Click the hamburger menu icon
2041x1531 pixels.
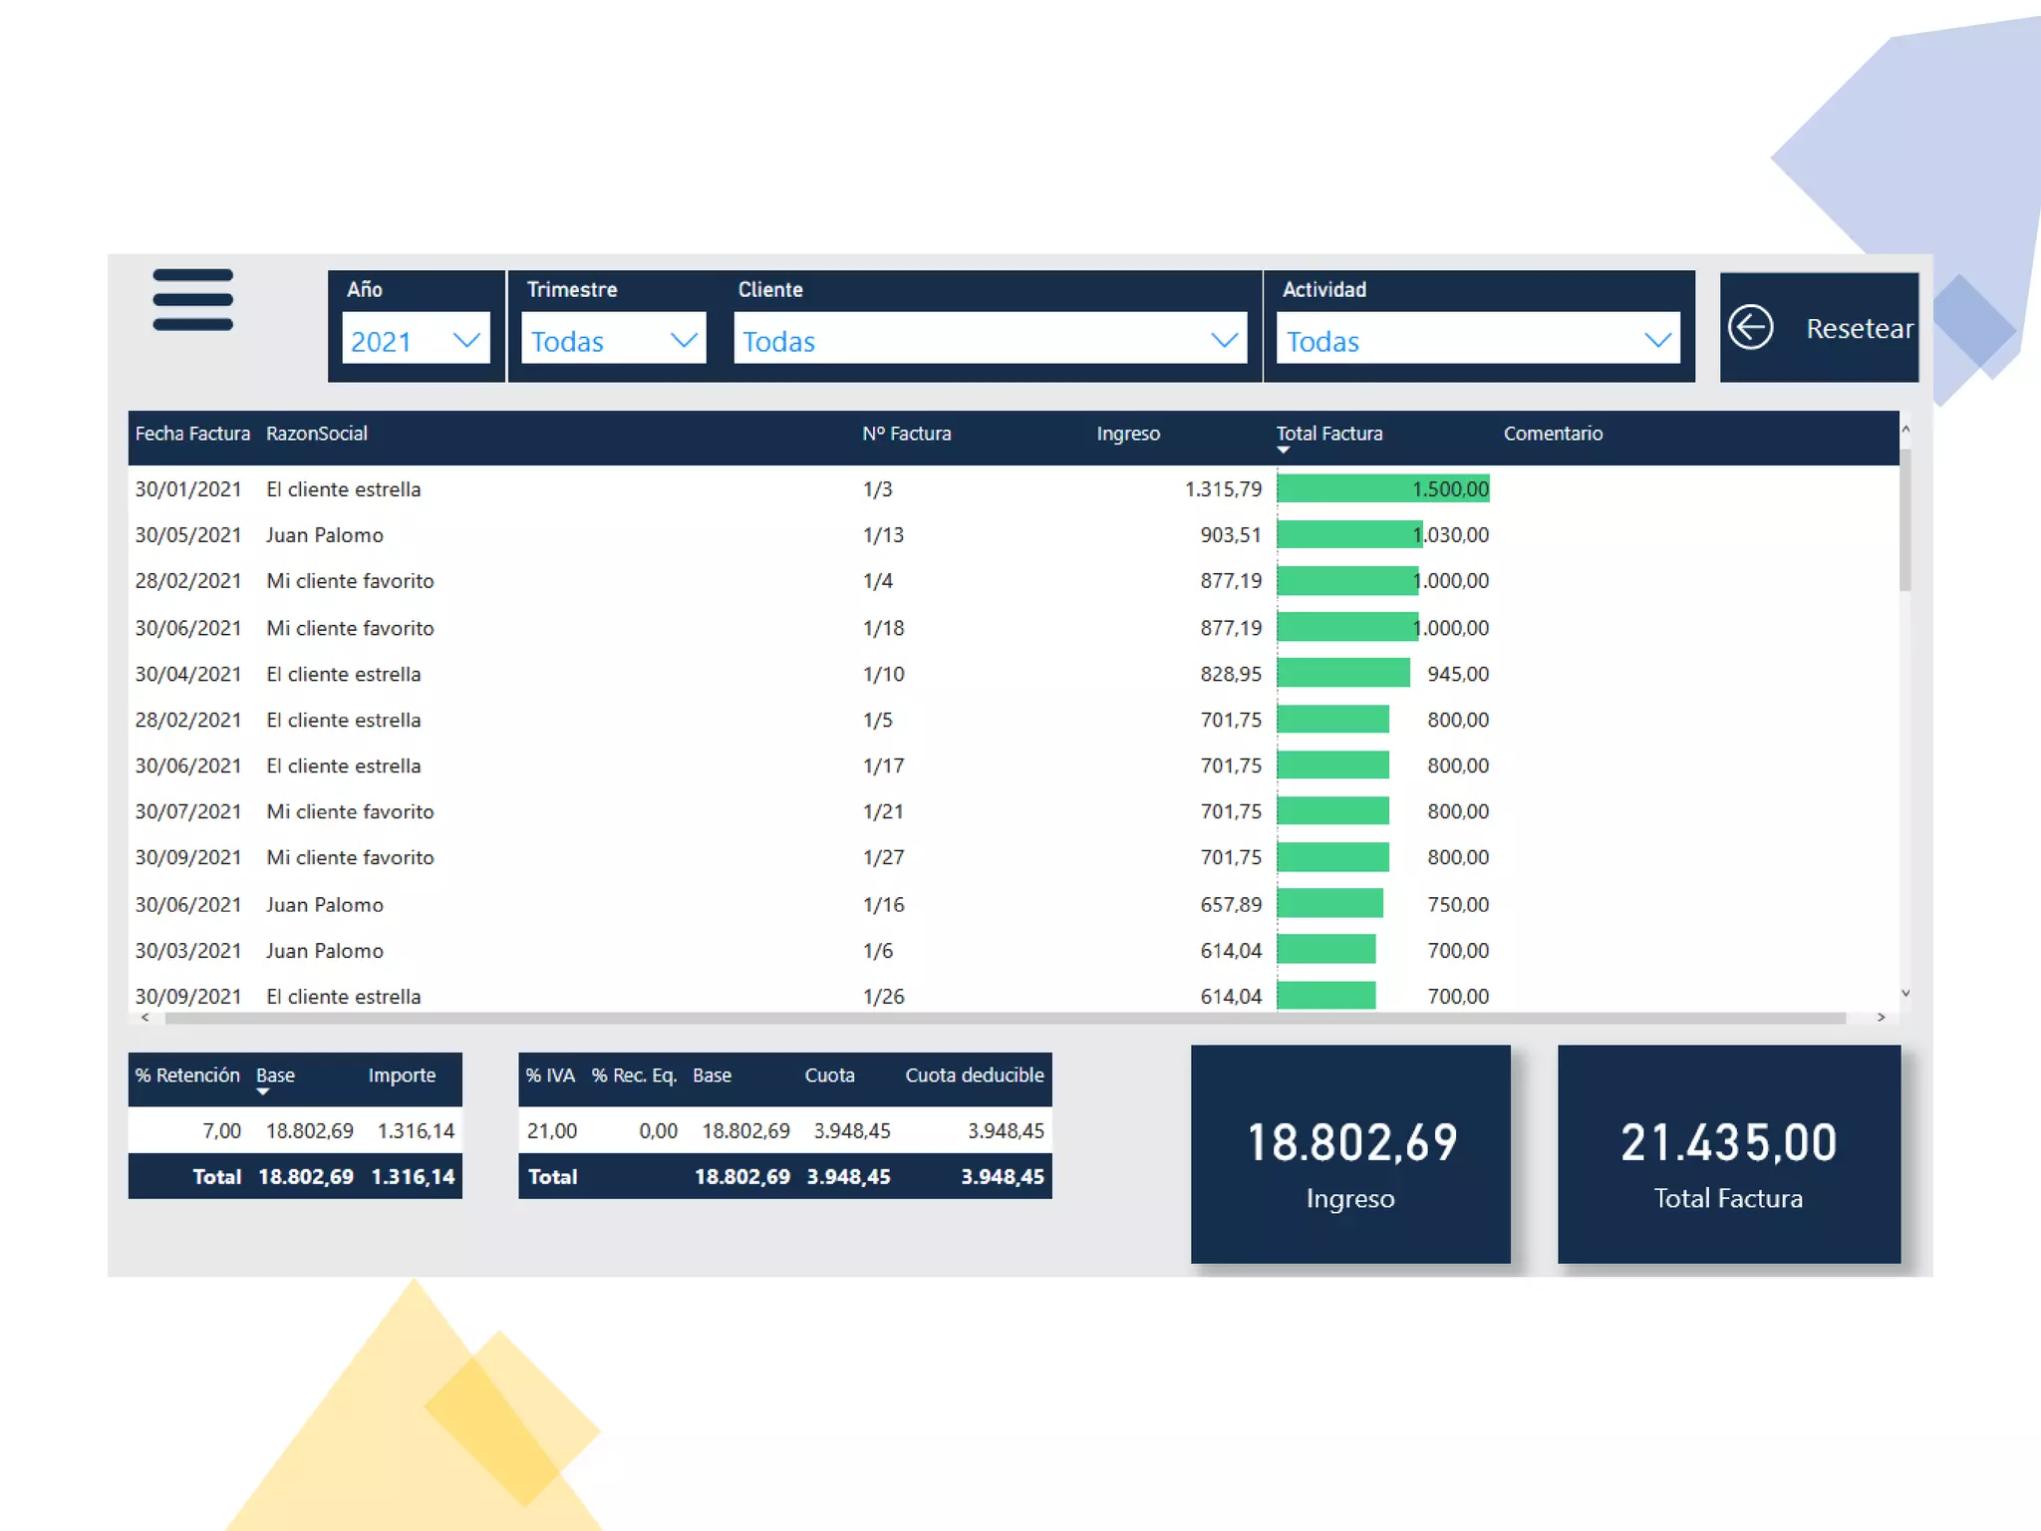point(192,299)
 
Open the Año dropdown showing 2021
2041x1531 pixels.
point(415,341)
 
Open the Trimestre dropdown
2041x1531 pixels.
point(613,341)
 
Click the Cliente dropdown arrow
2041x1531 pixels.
point(1224,341)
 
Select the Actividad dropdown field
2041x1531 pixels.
point(1477,341)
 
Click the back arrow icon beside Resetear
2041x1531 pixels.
point(1750,327)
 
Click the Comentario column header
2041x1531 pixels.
point(1553,434)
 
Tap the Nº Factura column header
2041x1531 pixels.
point(906,434)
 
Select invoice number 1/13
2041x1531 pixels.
point(883,535)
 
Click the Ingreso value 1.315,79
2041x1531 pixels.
point(1223,489)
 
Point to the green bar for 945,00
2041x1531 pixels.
point(1342,674)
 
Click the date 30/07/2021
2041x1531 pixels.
point(188,811)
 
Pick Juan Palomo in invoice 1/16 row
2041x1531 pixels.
point(324,905)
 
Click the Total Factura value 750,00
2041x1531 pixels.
point(1457,905)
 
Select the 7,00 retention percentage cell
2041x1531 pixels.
point(221,1130)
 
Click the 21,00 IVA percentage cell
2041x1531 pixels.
point(551,1130)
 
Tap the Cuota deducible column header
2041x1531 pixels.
point(974,1075)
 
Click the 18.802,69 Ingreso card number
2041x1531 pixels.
point(1351,1142)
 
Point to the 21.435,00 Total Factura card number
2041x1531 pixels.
point(1728,1142)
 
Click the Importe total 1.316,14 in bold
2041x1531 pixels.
point(413,1177)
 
